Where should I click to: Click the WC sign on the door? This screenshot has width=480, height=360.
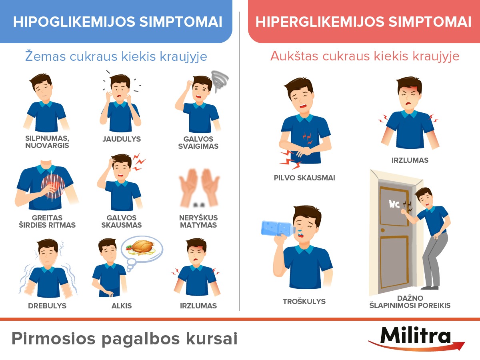(x=394, y=204)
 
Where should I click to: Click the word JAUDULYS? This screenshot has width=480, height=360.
(x=122, y=139)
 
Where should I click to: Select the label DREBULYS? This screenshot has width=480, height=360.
(x=47, y=306)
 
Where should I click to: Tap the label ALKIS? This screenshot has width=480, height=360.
(x=122, y=306)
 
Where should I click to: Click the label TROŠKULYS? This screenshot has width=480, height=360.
(x=304, y=302)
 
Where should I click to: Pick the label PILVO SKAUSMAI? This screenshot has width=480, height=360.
(x=304, y=178)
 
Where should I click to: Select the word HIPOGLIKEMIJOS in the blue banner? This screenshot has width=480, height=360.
(x=74, y=22)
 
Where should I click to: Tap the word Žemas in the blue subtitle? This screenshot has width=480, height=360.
(x=46, y=56)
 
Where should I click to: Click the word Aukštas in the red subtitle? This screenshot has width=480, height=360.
(x=294, y=56)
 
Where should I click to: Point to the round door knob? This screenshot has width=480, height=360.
(x=383, y=230)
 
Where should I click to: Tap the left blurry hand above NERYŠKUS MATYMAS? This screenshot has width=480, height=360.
(x=188, y=187)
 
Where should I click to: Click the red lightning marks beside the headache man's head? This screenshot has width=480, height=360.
(x=139, y=162)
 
